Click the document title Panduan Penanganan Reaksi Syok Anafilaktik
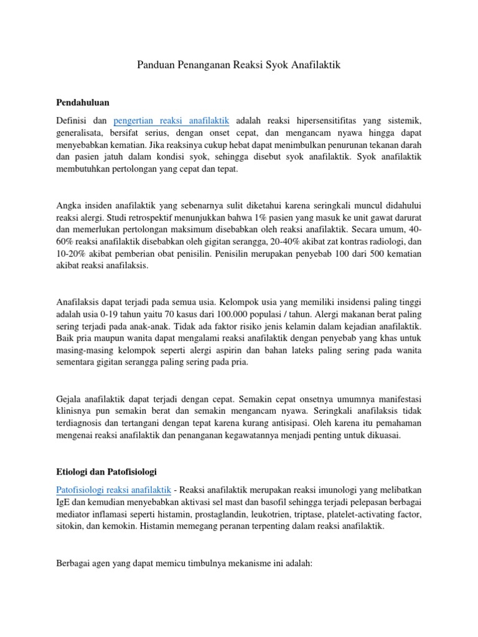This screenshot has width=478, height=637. (x=238, y=65)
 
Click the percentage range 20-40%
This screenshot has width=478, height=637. (x=284, y=241)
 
